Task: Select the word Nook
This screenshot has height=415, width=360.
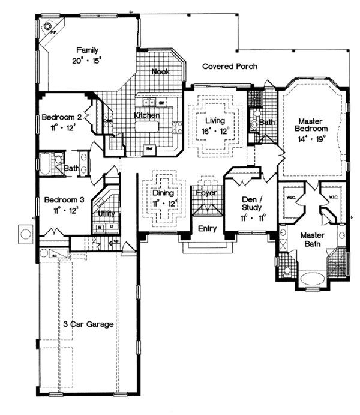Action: click(x=160, y=71)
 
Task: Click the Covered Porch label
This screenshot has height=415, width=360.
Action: click(x=230, y=66)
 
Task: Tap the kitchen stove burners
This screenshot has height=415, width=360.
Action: click(x=177, y=127)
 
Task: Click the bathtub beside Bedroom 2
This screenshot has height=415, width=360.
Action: click(x=47, y=163)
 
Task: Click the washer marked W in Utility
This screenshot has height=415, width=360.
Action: click(x=100, y=228)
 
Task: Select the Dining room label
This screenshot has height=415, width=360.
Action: click(x=163, y=193)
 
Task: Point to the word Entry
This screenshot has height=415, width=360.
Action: click(x=208, y=228)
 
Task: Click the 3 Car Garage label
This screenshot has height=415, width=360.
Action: click(x=89, y=324)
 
